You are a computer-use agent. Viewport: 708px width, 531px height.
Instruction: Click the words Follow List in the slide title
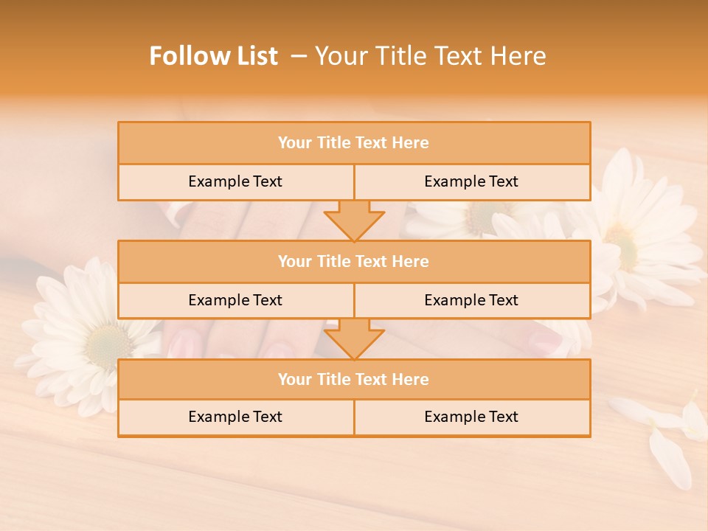(213, 56)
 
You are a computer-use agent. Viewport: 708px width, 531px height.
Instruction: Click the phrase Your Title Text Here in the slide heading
(430, 56)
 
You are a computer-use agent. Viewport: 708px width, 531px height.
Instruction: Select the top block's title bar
(354, 143)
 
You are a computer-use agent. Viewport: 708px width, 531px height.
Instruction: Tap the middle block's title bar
(354, 261)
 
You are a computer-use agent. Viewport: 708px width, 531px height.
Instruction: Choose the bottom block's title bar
(354, 379)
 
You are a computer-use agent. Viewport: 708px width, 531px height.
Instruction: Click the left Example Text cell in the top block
(235, 181)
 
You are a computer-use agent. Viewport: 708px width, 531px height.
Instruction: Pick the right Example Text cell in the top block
(471, 181)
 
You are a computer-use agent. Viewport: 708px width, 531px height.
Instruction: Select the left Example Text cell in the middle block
(235, 300)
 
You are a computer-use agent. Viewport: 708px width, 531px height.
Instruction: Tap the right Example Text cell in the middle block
(471, 300)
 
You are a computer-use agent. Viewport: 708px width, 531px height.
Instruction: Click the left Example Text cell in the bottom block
(235, 417)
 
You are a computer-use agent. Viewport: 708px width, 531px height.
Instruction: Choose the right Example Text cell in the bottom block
(471, 417)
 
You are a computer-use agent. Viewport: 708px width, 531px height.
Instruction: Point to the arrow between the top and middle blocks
(354, 220)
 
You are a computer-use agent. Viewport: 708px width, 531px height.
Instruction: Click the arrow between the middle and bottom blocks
(354, 339)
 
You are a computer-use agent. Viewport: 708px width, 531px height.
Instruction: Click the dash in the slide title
(299, 56)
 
